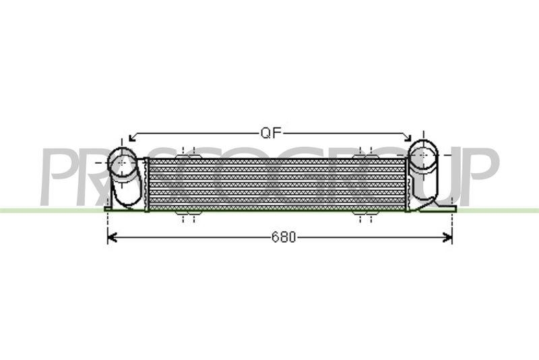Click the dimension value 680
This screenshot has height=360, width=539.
coord(284,237)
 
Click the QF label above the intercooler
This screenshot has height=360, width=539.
coord(270,132)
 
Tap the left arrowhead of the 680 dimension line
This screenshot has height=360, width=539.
coord(111,237)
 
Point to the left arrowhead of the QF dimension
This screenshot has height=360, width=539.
coord(131,137)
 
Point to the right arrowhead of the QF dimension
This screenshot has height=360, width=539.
coord(408,137)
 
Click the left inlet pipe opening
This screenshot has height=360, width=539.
coord(122,164)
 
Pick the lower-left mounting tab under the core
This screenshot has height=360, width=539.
coord(187,215)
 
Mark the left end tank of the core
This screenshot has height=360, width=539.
coord(146,183)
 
